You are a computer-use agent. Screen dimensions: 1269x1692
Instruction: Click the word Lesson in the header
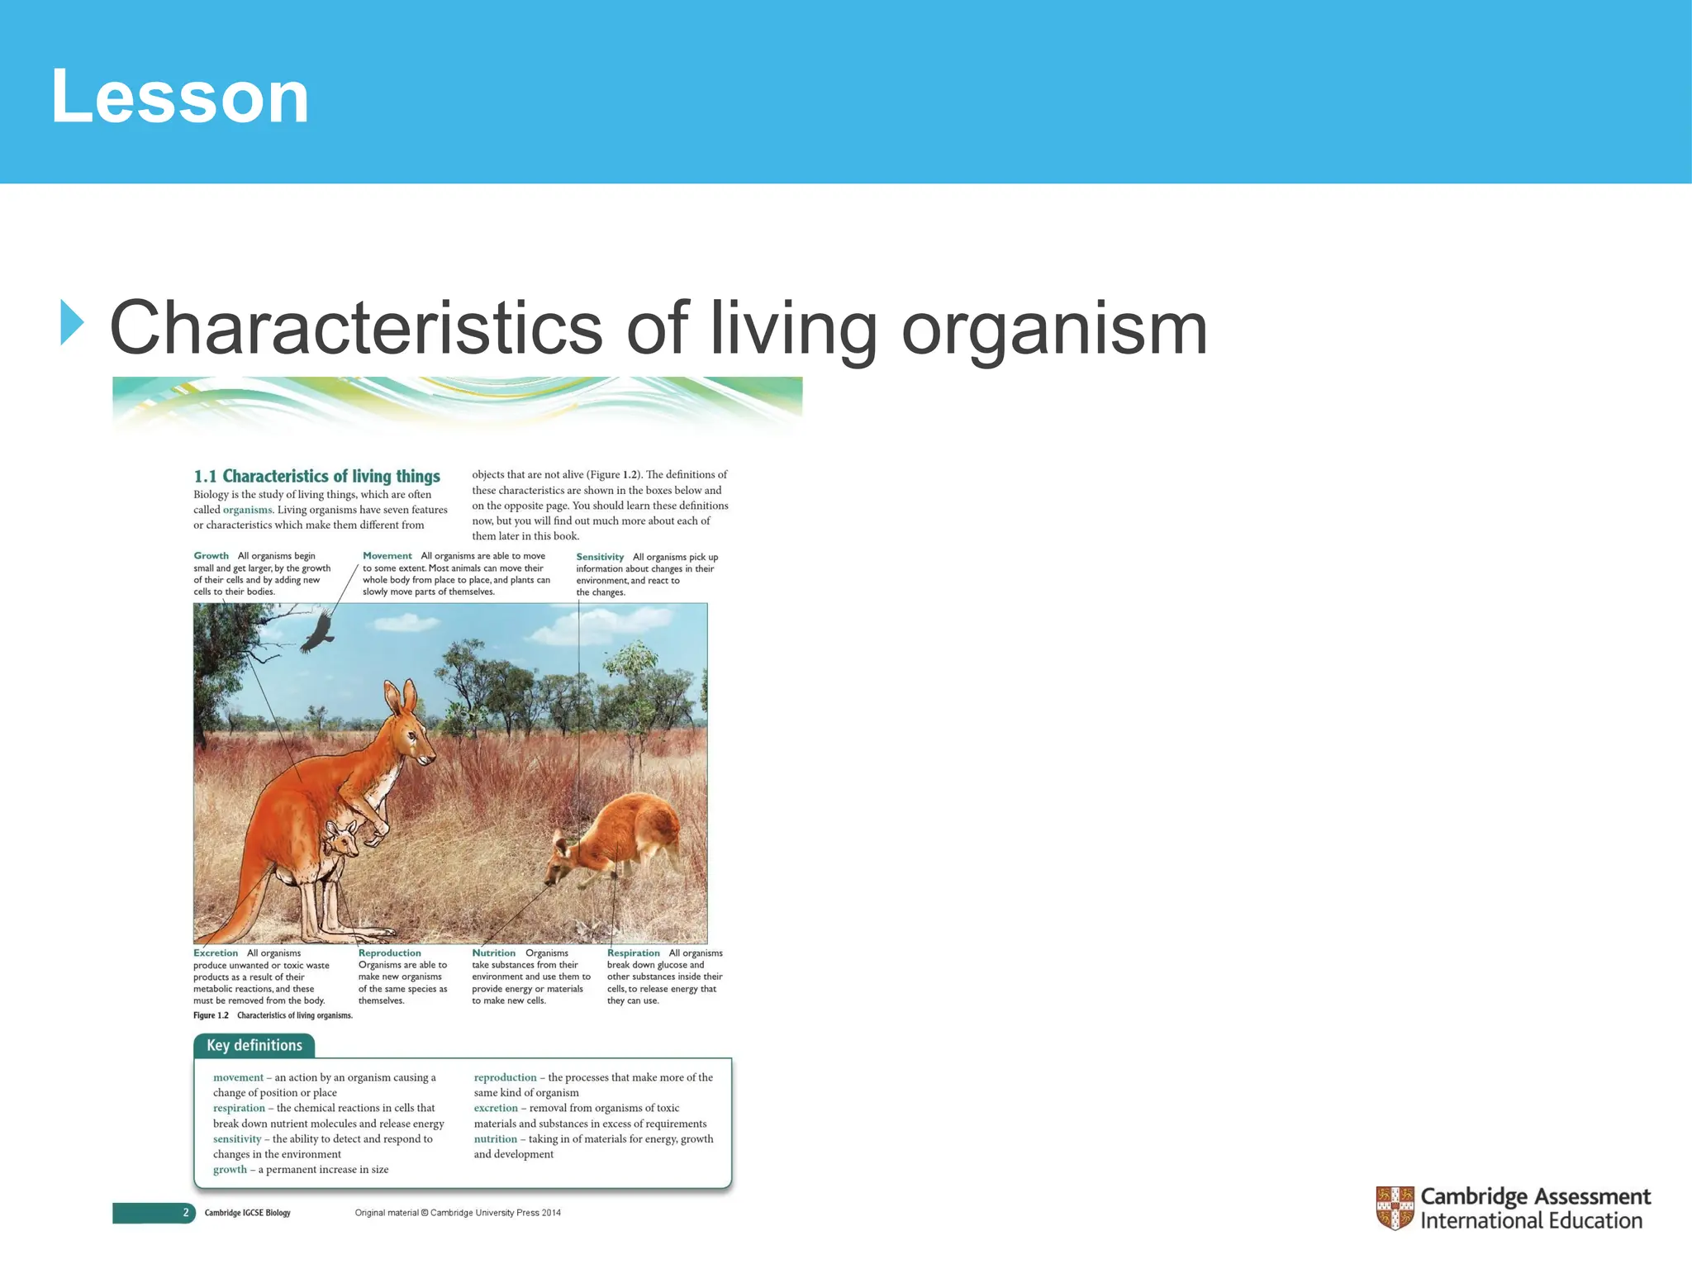point(179,97)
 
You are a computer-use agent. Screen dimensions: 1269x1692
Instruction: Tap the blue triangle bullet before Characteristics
point(72,323)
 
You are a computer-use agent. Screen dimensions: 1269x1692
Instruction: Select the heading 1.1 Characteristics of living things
point(316,477)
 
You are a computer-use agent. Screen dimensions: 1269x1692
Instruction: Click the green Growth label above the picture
point(211,556)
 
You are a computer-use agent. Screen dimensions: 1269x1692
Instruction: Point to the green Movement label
point(387,556)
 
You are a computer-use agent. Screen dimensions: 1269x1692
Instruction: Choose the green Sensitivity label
point(600,557)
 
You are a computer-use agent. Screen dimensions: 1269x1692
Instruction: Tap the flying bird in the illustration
point(317,634)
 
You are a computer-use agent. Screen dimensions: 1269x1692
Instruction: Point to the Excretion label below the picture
point(215,953)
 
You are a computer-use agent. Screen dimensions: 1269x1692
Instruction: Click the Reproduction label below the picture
point(389,953)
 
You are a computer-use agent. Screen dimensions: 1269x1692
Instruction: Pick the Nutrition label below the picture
point(493,953)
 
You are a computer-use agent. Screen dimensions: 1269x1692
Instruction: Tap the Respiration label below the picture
point(633,953)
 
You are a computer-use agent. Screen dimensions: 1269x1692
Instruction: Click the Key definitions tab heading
point(254,1045)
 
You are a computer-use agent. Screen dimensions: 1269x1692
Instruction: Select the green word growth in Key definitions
point(230,1170)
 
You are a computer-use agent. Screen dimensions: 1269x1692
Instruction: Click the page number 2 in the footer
point(186,1213)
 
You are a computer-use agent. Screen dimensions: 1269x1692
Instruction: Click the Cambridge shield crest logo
point(1395,1208)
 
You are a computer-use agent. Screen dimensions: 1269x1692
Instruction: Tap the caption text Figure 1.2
point(211,1015)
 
